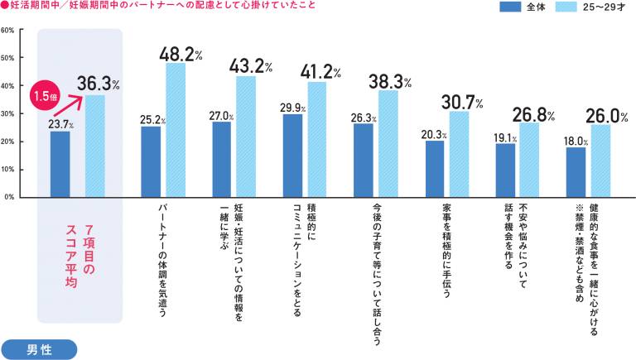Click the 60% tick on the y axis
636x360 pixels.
[7, 30]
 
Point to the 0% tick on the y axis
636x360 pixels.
[8, 197]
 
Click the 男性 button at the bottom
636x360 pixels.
[39, 348]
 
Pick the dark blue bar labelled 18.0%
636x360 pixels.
[576, 172]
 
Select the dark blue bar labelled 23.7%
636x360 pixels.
[60, 164]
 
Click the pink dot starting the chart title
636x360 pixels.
[5, 7]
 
